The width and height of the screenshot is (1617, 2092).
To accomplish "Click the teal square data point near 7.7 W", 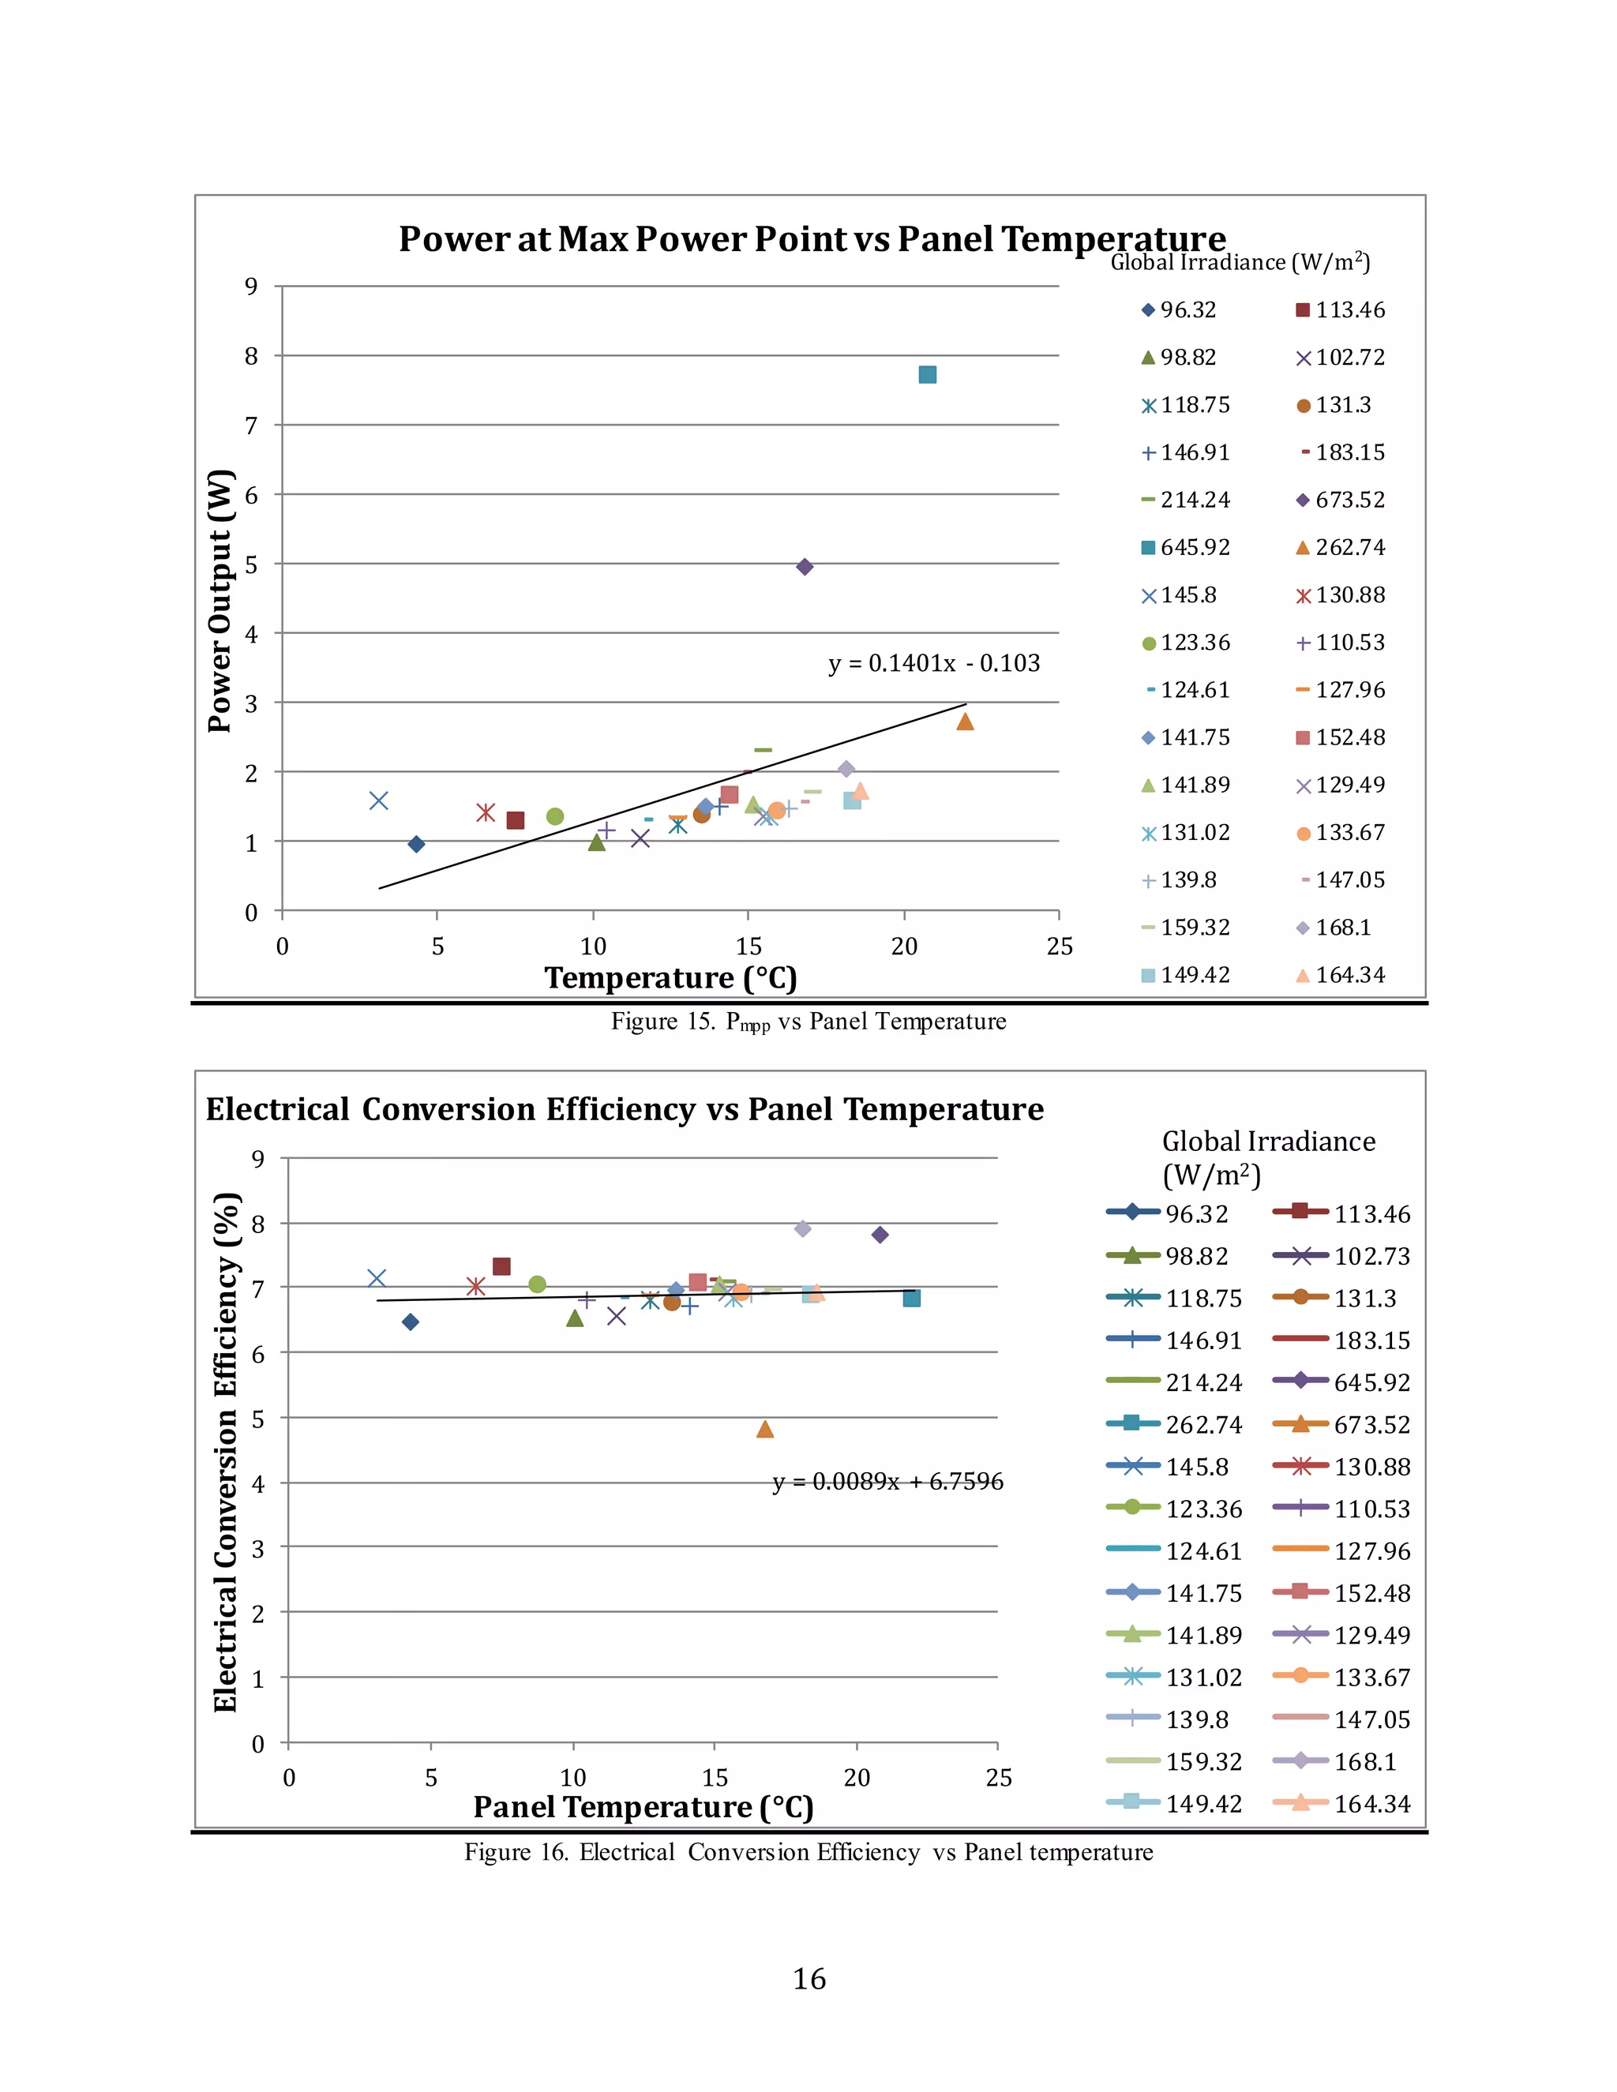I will click(927, 374).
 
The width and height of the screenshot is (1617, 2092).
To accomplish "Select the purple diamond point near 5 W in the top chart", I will click(805, 567).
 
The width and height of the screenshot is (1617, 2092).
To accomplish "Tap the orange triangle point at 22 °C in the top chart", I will click(965, 722).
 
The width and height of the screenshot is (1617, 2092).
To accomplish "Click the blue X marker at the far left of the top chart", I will click(378, 800).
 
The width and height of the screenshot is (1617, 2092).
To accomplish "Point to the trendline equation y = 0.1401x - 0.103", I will click(934, 663).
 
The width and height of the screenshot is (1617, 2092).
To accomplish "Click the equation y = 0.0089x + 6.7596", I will click(888, 1481).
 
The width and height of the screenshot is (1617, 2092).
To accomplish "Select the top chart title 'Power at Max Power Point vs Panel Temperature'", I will click(812, 238).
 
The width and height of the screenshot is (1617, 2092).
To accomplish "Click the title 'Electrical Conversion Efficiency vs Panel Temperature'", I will click(625, 1108).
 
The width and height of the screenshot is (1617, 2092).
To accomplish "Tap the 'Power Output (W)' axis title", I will click(220, 601).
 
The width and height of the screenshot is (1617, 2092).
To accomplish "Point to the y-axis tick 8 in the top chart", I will click(251, 355).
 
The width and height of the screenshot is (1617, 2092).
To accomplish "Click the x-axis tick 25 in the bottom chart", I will click(998, 1778).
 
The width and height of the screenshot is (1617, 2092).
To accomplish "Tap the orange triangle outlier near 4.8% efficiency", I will click(764, 1429).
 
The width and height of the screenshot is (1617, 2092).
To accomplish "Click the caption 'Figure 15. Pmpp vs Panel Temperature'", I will click(808, 1022).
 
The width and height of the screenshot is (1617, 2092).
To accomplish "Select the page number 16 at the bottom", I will click(808, 1979).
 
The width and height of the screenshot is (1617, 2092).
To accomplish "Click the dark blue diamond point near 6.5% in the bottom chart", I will click(410, 1322).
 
